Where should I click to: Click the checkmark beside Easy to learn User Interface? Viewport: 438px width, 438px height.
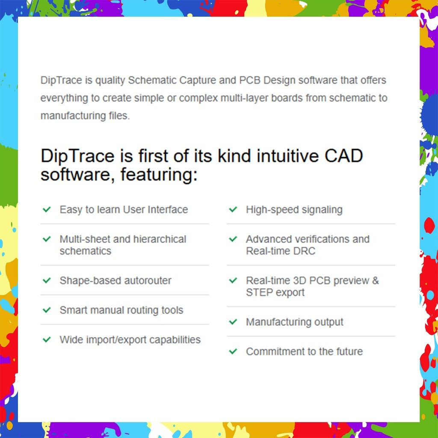click(x=47, y=210)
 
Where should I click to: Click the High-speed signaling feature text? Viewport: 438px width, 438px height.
click(x=294, y=210)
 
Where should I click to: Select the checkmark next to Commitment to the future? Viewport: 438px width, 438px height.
click(x=233, y=351)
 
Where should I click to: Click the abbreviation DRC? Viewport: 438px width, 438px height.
click(x=305, y=251)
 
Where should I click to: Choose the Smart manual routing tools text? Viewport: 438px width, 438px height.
click(x=121, y=310)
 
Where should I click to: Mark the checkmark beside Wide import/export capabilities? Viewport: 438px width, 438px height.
click(x=47, y=340)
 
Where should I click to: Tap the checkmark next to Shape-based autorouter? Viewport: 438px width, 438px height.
click(x=47, y=281)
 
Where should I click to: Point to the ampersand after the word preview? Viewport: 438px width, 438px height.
click(x=375, y=281)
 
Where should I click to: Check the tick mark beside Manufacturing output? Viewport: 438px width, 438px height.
click(x=233, y=322)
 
